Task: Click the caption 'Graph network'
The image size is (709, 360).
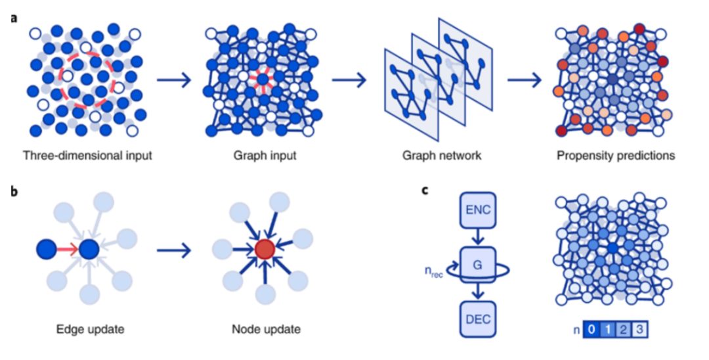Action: click(x=433, y=156)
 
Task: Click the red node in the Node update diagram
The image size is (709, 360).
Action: click(x=264, y=249)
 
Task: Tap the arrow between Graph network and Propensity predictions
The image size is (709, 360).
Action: click(x=525, y=82)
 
